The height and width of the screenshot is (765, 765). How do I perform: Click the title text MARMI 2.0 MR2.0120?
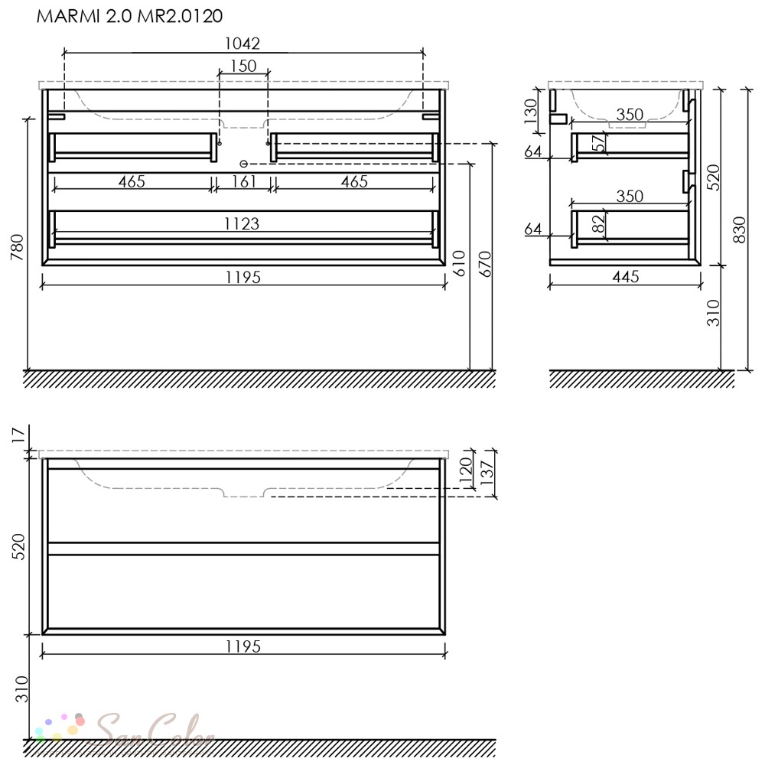130,16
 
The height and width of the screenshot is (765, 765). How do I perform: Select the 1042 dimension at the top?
242,44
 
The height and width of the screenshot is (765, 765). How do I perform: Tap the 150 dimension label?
243,65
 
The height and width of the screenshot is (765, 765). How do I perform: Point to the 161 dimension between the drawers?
243,181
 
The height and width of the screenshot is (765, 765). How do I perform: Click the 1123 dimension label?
242,224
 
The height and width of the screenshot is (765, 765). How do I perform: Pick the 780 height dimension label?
17,247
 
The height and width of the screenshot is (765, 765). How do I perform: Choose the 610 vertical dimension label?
460,263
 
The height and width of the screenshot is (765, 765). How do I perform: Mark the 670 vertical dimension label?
485,264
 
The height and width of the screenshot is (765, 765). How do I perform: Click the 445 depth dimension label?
626,277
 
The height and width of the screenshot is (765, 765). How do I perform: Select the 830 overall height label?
740,229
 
